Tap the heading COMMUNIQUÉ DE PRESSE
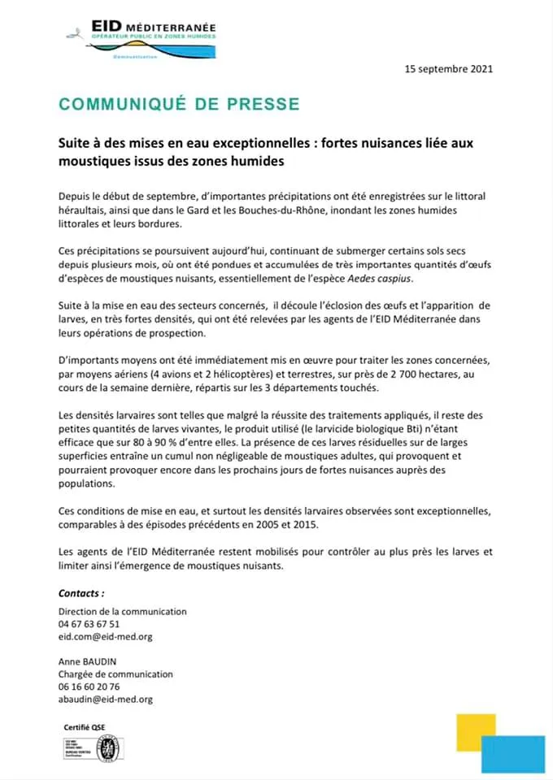[x=179, y=104]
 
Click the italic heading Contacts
[x=81, y=593]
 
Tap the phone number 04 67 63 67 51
[x=89, y=624]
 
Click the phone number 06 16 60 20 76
[x=89, y=687]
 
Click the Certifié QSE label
[x=84, y=726]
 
